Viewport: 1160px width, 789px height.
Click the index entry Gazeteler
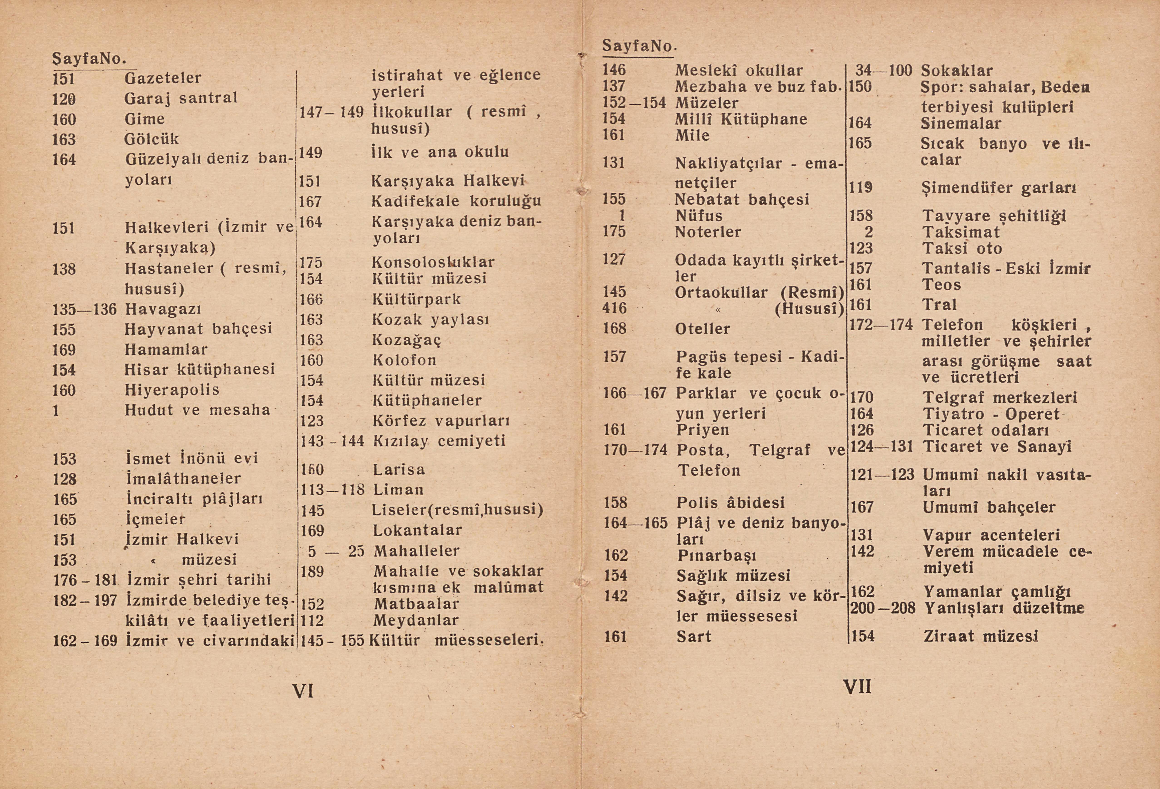163,78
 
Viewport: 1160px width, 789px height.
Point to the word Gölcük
151,139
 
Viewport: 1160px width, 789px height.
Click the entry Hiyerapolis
172,390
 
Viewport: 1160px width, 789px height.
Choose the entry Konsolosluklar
433,262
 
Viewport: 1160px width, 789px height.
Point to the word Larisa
399,469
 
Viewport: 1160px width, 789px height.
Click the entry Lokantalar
417,530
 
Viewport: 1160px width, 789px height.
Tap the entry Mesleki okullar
739,70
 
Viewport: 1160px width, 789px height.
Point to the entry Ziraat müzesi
980,636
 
